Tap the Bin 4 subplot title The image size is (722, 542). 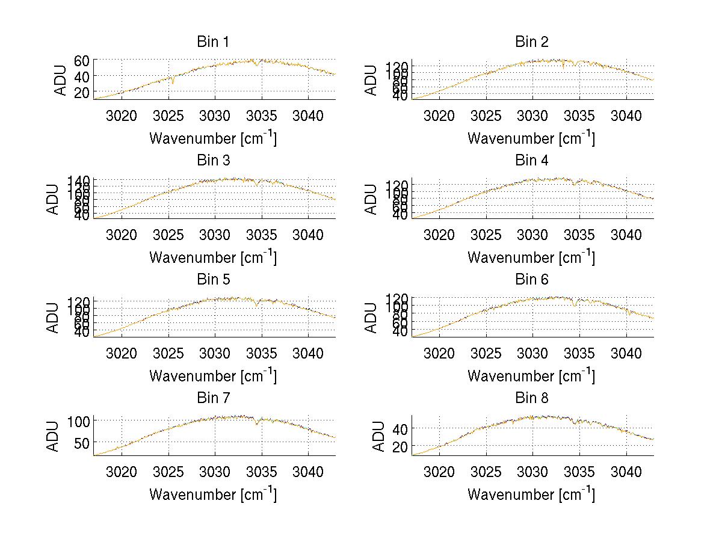[x=531, y=161]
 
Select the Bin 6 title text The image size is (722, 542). [x=531, y=279]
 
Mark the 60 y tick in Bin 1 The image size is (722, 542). [x=82, y=60]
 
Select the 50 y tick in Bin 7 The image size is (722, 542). [x=82, y=442]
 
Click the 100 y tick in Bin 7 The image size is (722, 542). [x=78, y=420]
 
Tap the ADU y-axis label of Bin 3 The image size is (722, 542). [x=54, y=198]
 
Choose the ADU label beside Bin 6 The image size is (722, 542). [x=372, y=316]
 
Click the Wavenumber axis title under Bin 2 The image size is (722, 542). [x=531, y=138]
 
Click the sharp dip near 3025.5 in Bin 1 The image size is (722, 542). [x=173, y=83]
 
